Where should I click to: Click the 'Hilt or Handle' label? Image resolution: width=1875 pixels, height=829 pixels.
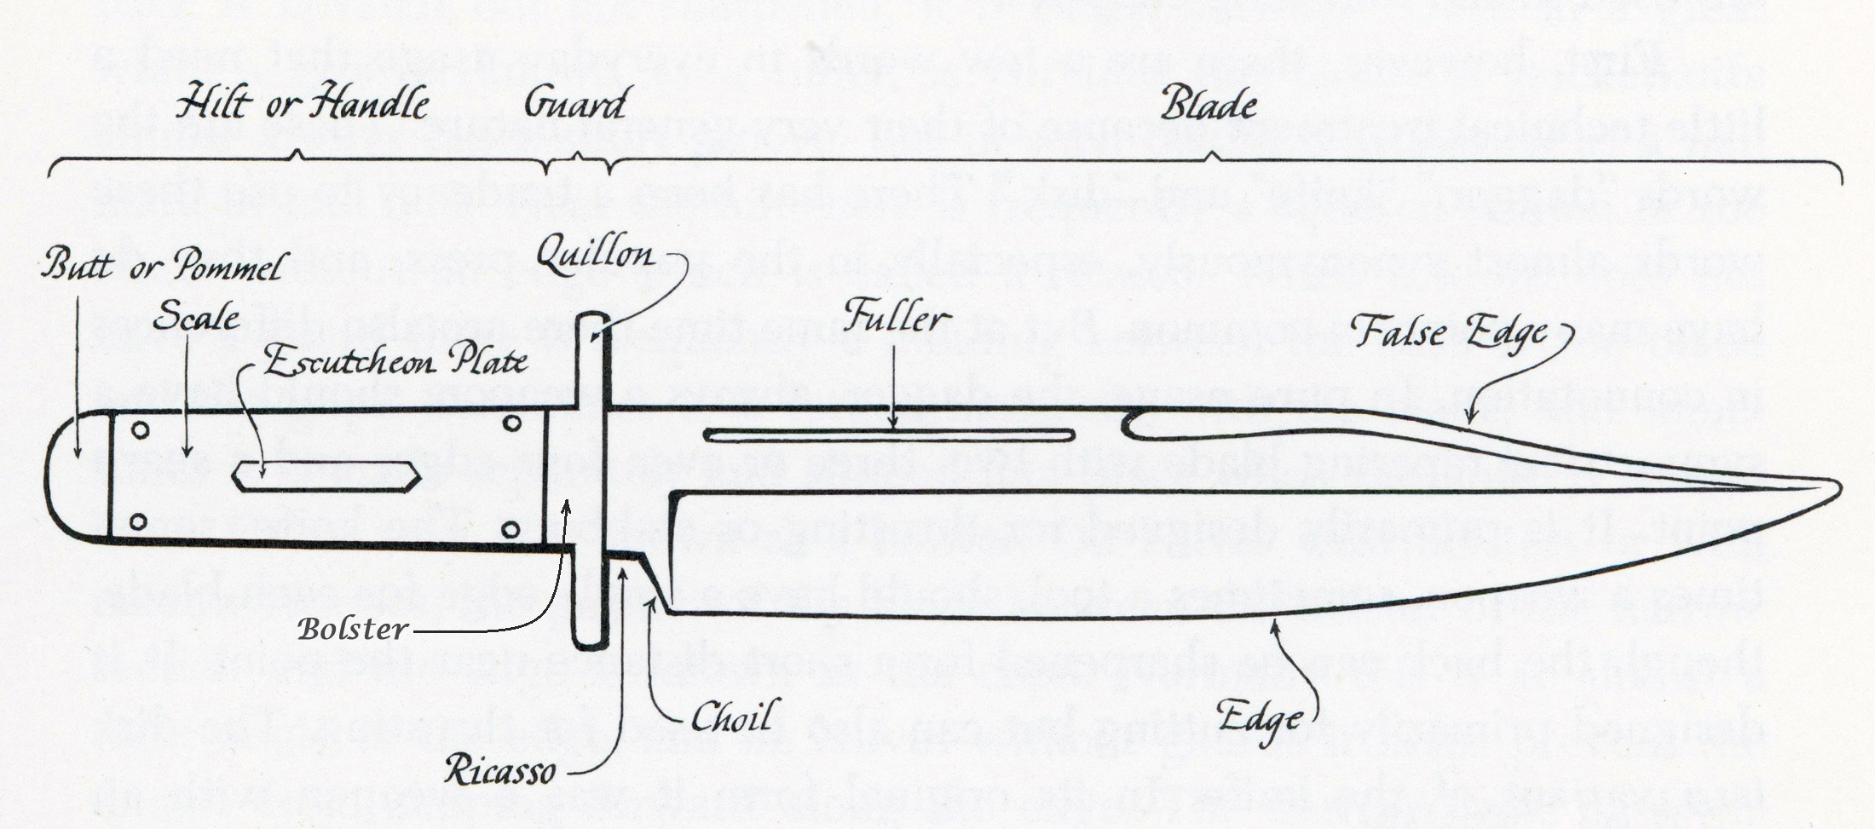click(302, 105)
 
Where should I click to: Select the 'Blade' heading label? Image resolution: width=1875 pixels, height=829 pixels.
click(1209, 105)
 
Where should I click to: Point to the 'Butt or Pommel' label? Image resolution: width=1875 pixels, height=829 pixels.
click(162, 267)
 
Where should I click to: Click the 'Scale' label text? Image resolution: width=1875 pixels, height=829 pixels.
click(196, 318)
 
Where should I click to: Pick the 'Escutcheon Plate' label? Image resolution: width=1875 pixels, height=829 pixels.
click(395, 362)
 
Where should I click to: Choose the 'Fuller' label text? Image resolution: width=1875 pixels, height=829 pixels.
click(896, 318)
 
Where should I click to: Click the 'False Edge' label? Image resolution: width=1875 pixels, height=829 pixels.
click(1449, 331)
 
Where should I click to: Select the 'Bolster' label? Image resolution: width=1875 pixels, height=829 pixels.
click(353, 630)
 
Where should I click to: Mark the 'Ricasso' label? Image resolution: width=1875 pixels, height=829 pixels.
click(499, 772)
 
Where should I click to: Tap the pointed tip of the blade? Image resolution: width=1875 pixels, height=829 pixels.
click(1837, 488)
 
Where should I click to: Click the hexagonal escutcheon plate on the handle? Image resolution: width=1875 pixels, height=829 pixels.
click(326, 476)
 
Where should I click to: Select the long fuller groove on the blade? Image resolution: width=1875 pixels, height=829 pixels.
click(889, 436)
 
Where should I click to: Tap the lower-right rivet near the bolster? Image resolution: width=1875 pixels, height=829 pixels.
click(511, 530)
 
